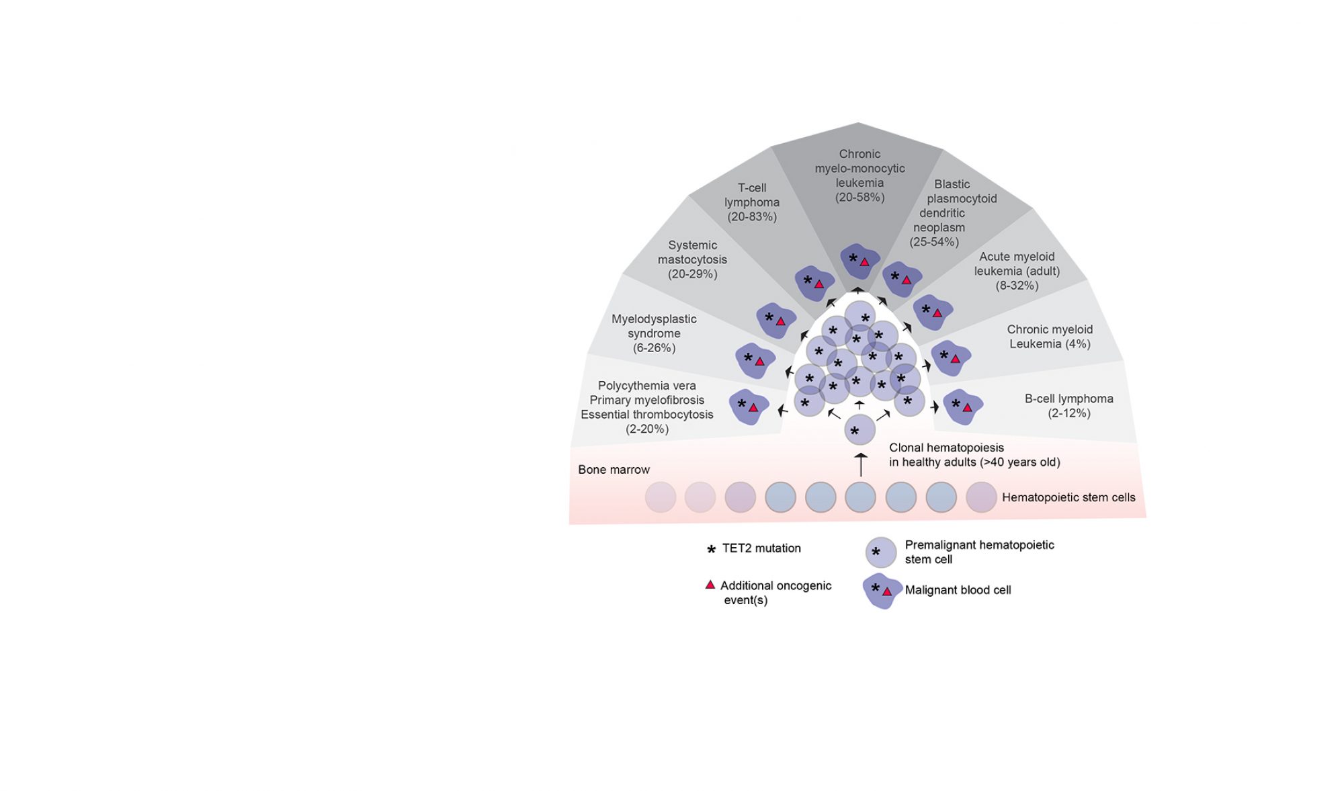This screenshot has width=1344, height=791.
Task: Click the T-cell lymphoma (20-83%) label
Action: tap(752, 202)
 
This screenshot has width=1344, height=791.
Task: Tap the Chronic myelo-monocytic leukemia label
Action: tap(859, 175)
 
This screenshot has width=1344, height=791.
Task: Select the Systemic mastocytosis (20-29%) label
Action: tap(692, 259)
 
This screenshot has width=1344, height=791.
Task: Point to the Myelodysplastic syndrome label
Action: tap(654, 333)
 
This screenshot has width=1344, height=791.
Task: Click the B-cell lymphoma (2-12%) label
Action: tap(1068, 406)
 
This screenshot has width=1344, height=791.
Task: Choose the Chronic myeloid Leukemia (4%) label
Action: tap(1050, 337)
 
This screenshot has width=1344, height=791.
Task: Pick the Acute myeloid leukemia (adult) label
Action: tap(1017, 271)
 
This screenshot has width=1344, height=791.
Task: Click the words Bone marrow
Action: tap(614, 470)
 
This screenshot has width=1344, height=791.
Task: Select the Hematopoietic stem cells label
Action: tap(1068, 497)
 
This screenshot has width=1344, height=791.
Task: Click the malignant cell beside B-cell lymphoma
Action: tap(962, 407)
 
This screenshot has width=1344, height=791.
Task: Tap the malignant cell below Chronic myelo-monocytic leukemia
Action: tap(860, 261)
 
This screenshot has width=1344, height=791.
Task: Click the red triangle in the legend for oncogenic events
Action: tap(710, 585)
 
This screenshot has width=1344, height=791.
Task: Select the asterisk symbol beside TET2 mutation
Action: tap(711, 549)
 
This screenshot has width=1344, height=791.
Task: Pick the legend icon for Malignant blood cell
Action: tap(881, 591)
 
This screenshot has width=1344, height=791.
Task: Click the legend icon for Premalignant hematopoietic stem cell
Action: tap(880, 552)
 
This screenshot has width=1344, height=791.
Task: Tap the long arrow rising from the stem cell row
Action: tap(860, 465)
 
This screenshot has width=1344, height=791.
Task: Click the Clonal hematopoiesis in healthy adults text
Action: tap(974, 455)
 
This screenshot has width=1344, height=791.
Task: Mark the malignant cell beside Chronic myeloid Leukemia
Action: tap(950, 358)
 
